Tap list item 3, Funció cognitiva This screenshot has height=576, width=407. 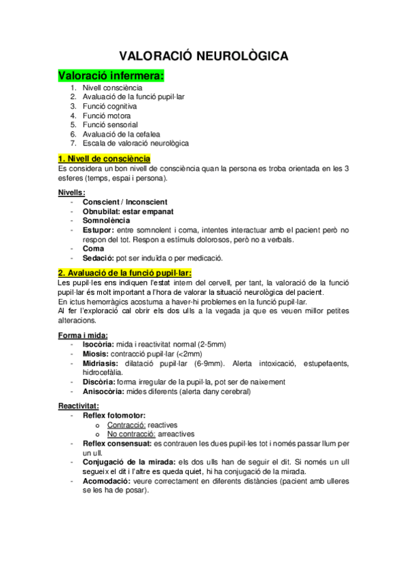coord(109,107)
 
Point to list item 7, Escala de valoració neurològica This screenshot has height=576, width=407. coord(135,143)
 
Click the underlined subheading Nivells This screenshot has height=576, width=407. coord(71,192)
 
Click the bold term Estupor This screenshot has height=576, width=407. coord(98,230)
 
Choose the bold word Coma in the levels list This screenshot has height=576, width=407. coord(92,249)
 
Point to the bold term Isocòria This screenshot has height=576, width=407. coord(98,345)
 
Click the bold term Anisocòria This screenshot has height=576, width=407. coord(103,391)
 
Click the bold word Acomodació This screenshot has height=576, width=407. coord(106,480)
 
